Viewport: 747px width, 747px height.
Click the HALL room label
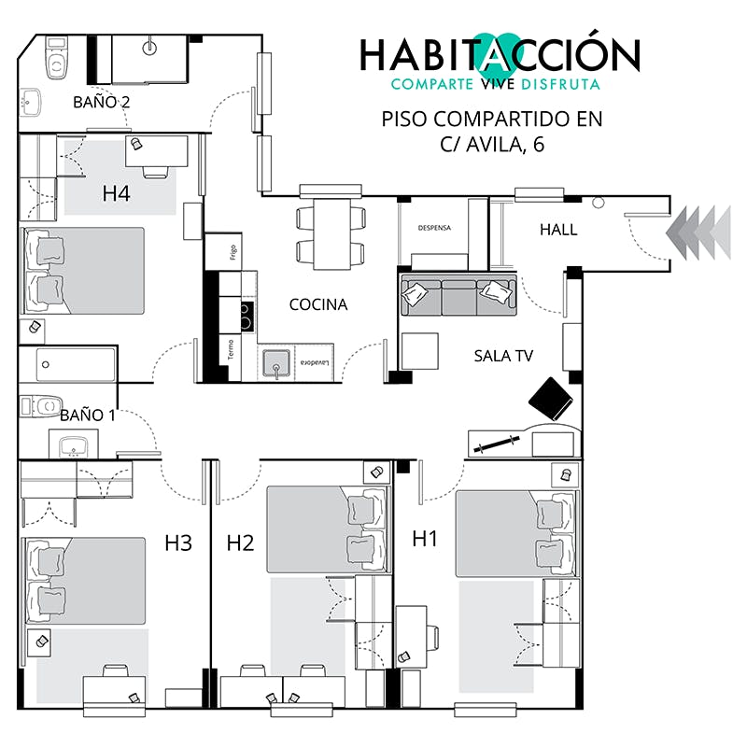click(558, 230)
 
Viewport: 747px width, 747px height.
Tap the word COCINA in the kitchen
click(318, 304)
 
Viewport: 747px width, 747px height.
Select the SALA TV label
click(503, 356)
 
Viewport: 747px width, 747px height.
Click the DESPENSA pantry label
click(434, 228)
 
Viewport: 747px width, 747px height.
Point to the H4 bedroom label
click(116, 193)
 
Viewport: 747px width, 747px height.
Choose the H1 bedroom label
click(425, 539)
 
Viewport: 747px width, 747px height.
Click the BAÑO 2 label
click(101, 102)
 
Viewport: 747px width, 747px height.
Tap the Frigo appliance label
click(233, 252)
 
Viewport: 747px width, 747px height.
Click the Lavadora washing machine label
click(315, 363)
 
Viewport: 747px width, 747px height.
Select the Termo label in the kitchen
click(231, 349)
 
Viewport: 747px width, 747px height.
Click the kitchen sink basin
click(275, 364)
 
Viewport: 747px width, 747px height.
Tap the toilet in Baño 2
click(56, 58)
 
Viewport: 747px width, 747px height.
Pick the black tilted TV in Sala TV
click(551, 400)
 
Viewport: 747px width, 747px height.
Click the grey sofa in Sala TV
click(458, 295)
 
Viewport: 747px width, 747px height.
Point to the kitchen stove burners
click(247, 317)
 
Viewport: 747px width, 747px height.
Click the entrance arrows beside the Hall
click(698, 233)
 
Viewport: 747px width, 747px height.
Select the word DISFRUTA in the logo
click(561, 84)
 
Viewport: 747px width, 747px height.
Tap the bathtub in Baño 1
click(76, 365)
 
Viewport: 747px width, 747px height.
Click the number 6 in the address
click(539, 144)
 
